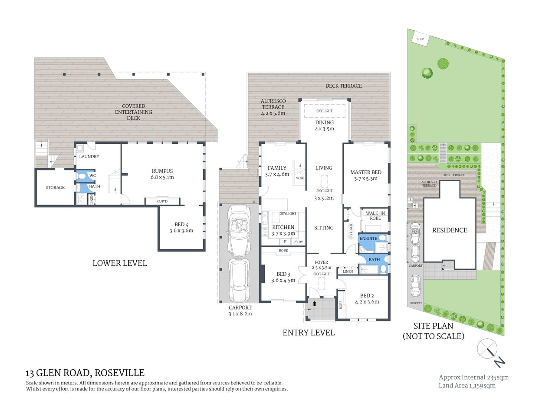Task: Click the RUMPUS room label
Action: pos(162,171)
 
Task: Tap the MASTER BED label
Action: pos(366,172)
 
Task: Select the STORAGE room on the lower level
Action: pos(55,188)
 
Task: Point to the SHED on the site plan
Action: pos(420,39)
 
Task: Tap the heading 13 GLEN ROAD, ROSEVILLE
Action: pos(85,373)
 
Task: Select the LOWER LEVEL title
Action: pos(119,263)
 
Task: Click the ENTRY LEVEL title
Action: pos(309,333)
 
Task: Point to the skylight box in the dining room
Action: pos(324,111)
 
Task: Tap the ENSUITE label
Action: pos(368,238)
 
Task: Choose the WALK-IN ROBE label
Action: pos(375,215)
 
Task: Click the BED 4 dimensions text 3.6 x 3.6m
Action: pos(181,231)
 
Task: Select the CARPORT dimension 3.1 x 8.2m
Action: pos(240,314)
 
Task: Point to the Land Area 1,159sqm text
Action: pos(467,385)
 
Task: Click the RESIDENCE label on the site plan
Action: pos(450,230)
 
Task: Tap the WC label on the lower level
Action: pos(92,176)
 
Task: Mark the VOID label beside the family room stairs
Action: pos(300,178)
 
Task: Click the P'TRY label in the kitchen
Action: pos(298,242)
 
